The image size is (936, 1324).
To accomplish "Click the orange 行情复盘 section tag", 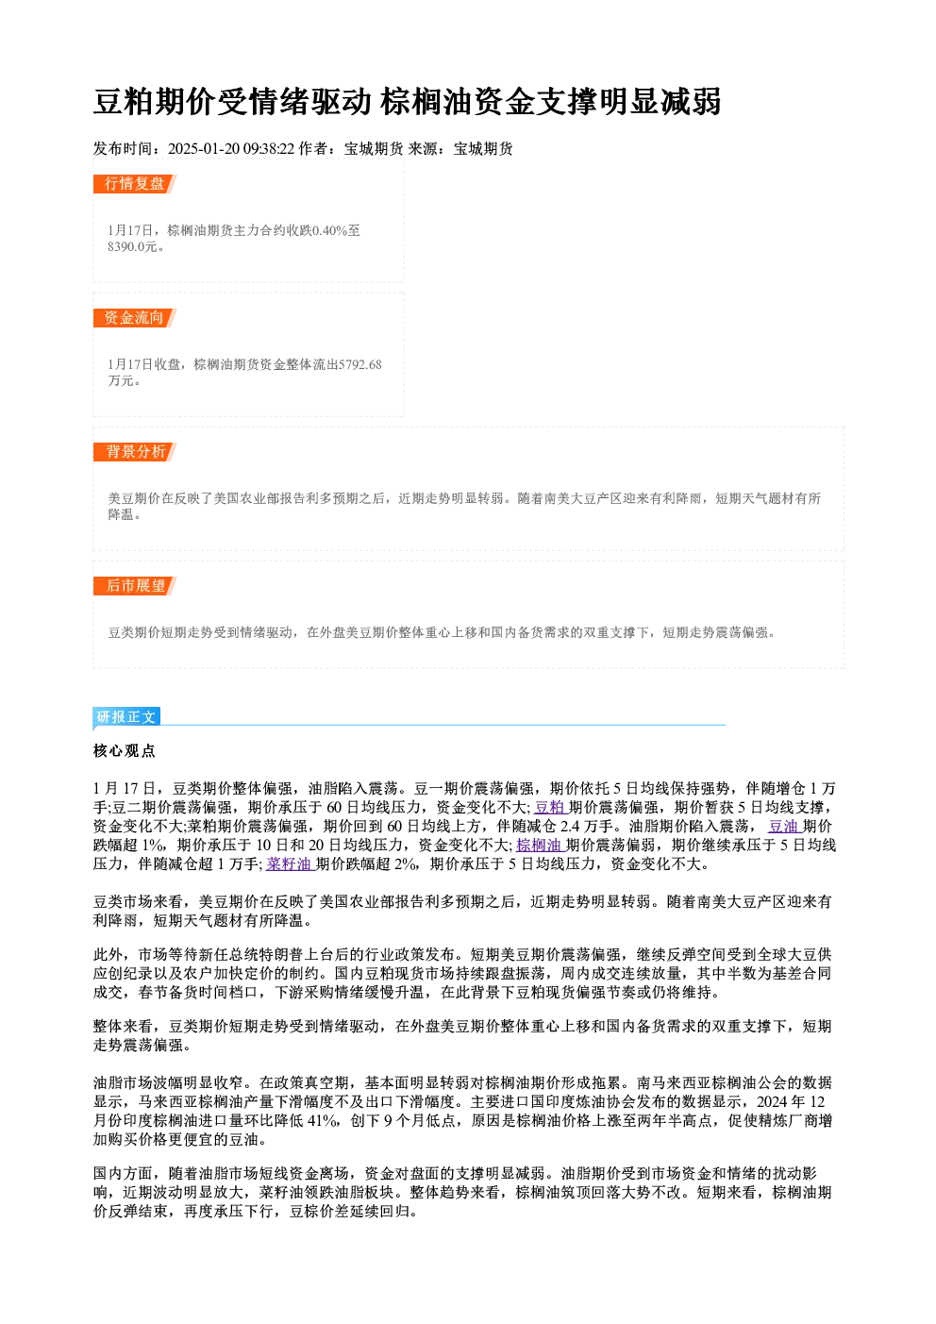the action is (x=135, y=184).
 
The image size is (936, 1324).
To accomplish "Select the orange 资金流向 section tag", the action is (x=135, y=318).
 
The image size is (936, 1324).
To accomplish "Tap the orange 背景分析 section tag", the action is (x=135, y=452).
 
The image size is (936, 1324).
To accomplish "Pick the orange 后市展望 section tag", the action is (x=135, y=586).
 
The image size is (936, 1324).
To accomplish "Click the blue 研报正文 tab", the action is (x=126, y=717).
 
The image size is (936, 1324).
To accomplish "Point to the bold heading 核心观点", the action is (x=125, y=751).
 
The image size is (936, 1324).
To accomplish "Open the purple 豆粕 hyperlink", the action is (x=551, y=808).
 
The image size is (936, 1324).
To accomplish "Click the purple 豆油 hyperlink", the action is (x=784, y=827).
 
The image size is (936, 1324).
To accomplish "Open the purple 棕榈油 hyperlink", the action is (x=540, y=846).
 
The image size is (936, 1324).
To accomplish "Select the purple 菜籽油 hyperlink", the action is (x=290, y=864).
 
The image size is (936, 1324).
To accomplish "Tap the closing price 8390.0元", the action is (x=133, y=247).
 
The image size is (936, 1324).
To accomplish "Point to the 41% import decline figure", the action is (x=322, y=1121).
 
